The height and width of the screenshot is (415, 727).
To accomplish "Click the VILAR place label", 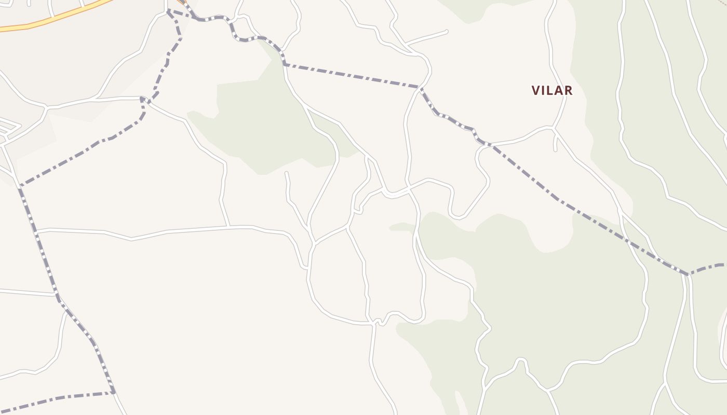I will click(x=551, y=90).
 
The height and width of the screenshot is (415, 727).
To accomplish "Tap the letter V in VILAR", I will click(x=536, y=90).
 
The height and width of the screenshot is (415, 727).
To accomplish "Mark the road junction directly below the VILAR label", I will click(x=554, y=127).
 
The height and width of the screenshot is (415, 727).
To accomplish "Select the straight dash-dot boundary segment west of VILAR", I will click(x=353, y=76).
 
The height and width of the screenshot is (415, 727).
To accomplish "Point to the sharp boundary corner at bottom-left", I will click(x=113, y=392).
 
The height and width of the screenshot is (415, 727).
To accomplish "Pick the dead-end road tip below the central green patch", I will click(x=286, y=173).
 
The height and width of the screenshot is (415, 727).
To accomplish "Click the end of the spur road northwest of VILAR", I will click(x=447, y=32).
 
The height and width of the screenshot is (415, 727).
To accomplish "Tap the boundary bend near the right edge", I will click(x=688, y=273).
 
